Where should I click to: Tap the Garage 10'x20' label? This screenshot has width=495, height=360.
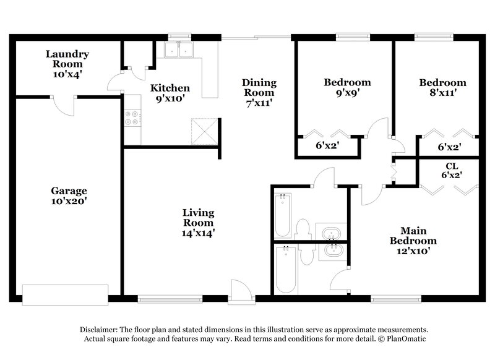(69, 197)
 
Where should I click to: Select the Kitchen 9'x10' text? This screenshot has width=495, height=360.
(170, 93)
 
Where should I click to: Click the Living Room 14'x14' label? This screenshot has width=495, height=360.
(198, 223)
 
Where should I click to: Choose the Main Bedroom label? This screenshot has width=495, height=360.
(412, 241)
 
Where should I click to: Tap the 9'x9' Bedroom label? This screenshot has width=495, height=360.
(347, 87)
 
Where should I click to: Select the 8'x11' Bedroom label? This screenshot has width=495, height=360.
(442, 88)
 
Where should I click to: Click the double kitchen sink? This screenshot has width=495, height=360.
(179, 49)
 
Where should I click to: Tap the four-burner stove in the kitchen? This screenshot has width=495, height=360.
(132, 118)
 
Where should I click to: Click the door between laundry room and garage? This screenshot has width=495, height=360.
(64, 105)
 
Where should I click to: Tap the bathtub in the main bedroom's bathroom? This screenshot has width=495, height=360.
(285, 269)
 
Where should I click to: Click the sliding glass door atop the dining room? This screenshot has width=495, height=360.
(256, 38)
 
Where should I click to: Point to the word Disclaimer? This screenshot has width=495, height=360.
(101, 330)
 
